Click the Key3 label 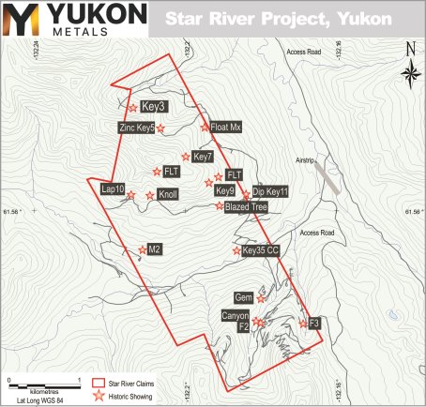coord(153,107)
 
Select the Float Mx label coord(227,127)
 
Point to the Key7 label coord(204,156)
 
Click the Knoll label coord(168,195)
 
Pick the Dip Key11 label coord(269,190)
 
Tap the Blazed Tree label coord(247,205)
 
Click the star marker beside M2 coord(143,249)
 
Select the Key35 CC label coord(261,250)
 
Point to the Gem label coord(245,297)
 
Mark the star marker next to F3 coord(302,323)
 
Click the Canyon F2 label coord(236,322)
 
